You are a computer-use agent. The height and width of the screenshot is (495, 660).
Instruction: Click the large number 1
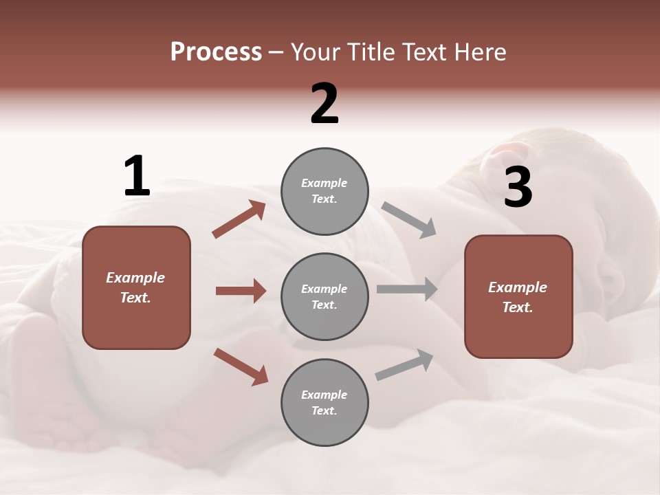point(137,177)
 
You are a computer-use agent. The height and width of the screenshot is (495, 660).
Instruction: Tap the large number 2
point(324,104)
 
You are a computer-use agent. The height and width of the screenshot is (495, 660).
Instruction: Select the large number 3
point(518,187)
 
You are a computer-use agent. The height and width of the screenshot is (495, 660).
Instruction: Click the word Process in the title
point(216,52)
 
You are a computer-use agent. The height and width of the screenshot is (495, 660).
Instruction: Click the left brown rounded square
point(136,287)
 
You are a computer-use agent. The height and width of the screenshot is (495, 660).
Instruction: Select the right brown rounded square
point(518,296)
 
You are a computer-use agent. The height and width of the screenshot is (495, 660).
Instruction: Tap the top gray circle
point(324,190)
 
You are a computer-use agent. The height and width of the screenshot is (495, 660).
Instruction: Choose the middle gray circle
point(324,296)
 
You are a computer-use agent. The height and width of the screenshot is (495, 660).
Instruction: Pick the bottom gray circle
point(324,402)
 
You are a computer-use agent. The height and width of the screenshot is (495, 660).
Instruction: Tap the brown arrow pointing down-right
point(241,366)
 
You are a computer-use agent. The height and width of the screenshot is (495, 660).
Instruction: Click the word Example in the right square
point(518,287)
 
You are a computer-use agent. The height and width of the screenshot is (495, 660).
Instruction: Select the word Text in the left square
point(135,298)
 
